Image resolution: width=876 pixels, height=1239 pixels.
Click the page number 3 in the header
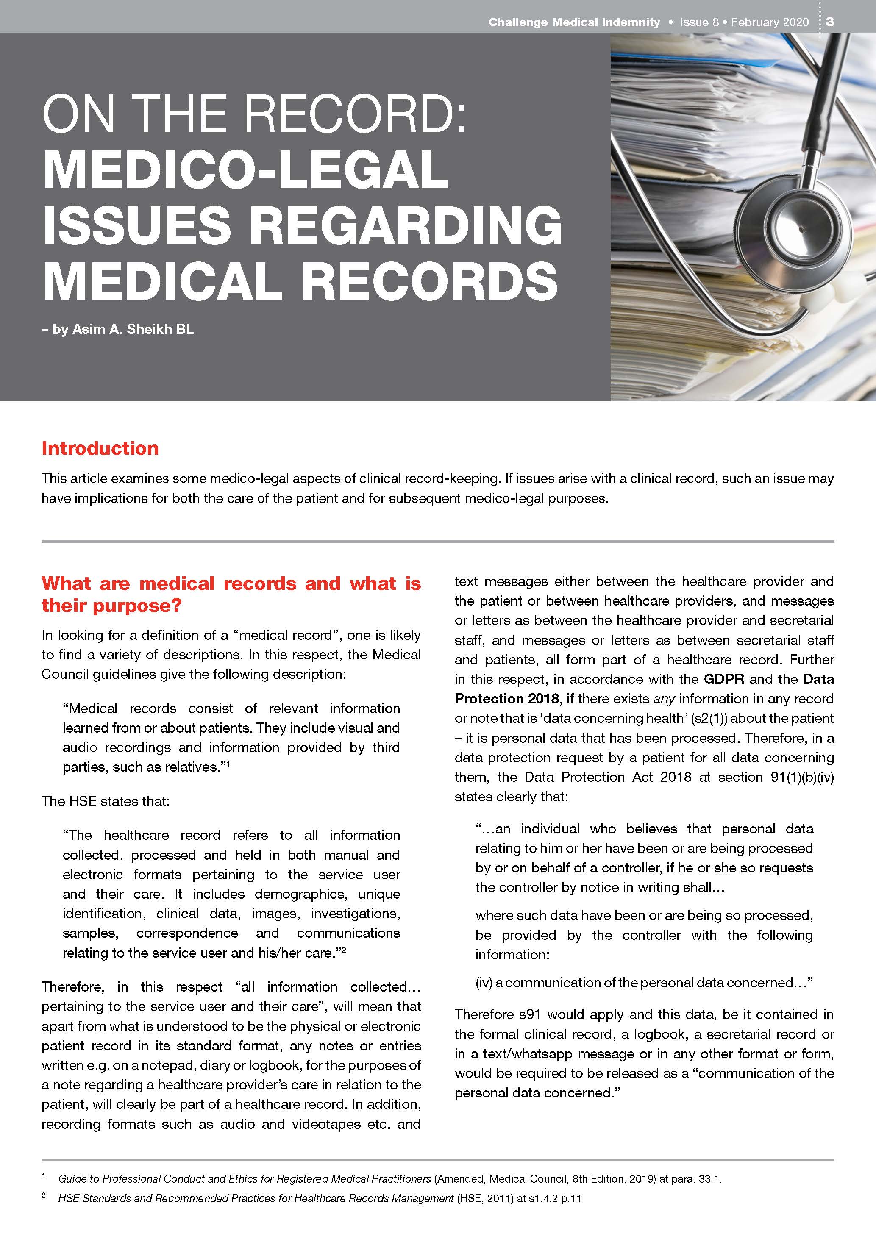[829, 22]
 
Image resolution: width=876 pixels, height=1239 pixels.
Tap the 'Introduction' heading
[100, 448]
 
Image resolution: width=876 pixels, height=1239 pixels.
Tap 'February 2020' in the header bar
[770, 22]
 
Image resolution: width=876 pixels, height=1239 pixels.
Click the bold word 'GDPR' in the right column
[723, 679]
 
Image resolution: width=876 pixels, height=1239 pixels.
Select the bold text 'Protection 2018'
[506, 698]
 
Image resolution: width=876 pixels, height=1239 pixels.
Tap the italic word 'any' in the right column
[664, 698]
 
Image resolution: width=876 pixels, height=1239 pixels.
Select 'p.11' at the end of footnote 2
[570, 1198]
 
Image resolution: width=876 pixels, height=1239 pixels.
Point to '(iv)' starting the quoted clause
[484, 982]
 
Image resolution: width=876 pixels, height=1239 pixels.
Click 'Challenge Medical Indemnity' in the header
[574, 22]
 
